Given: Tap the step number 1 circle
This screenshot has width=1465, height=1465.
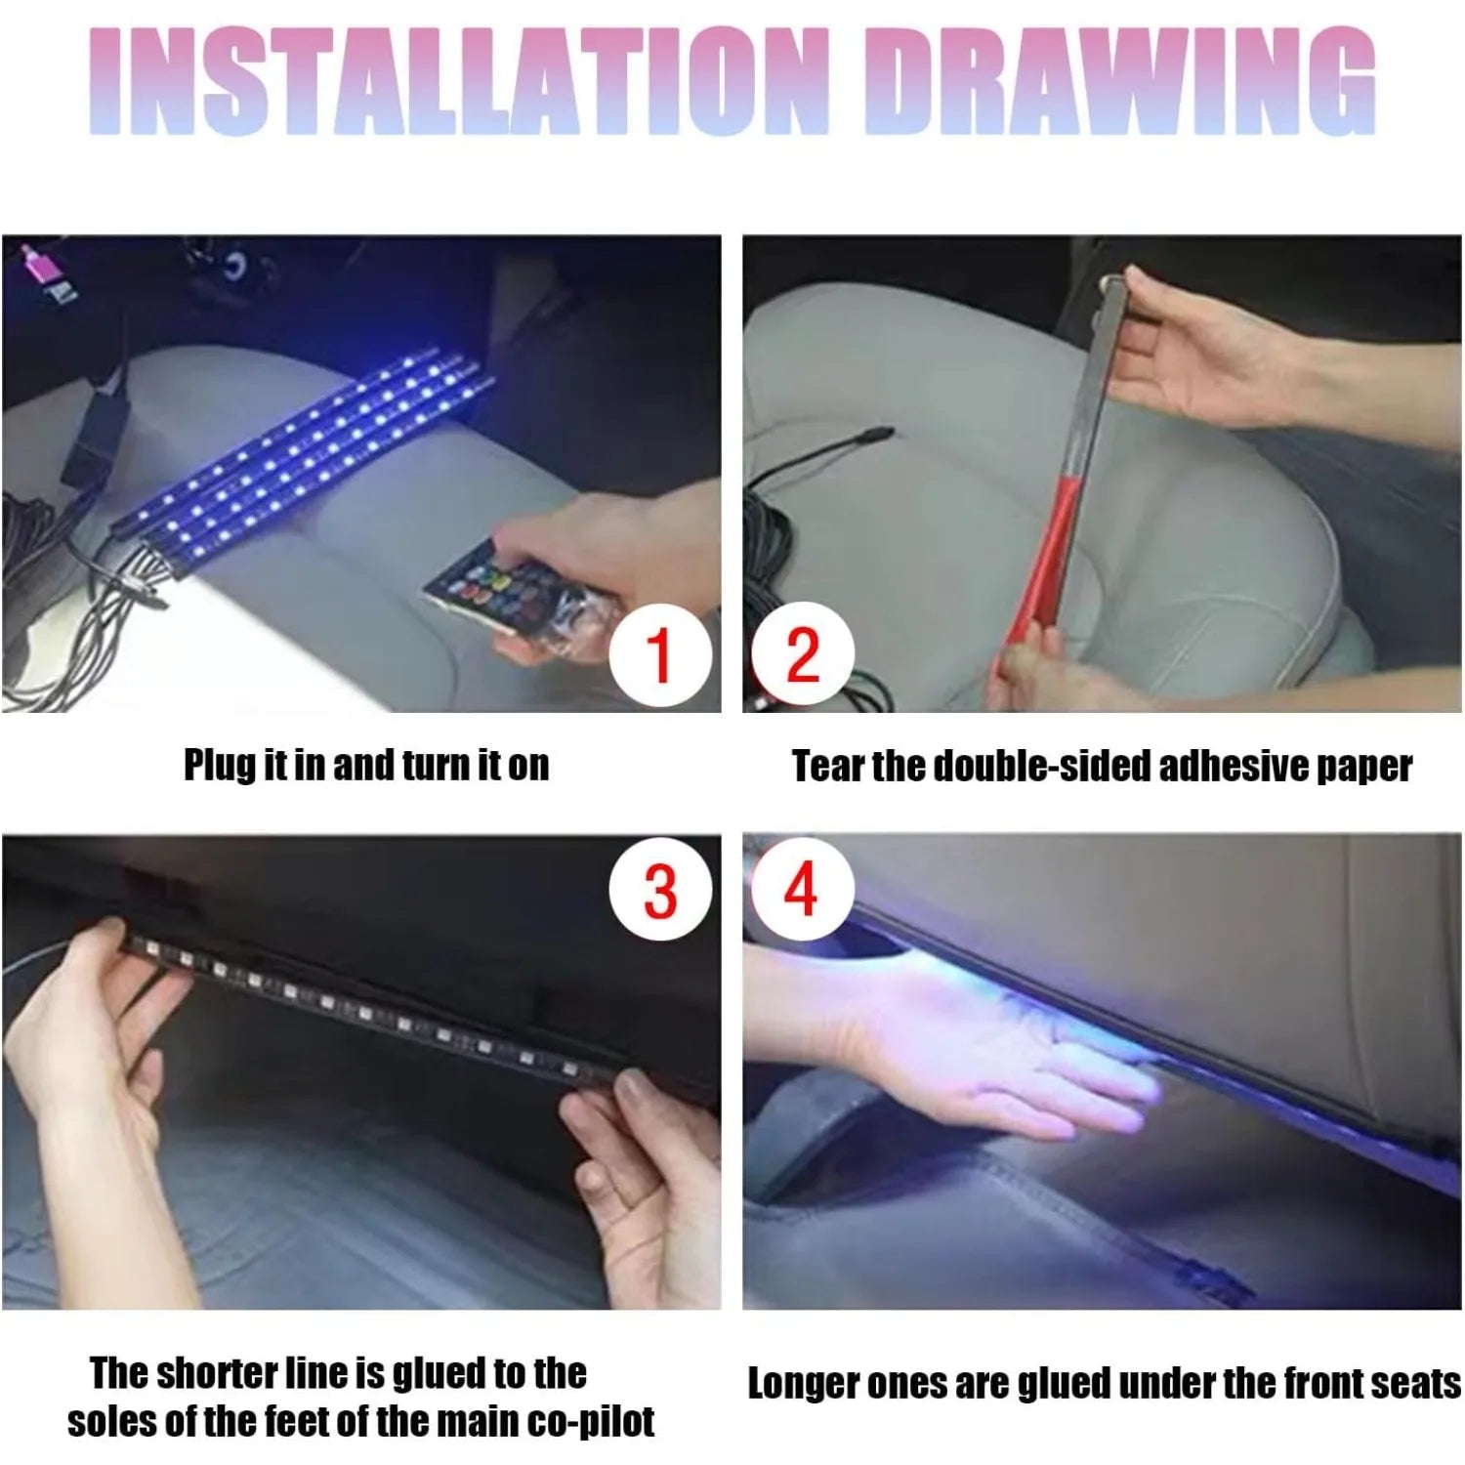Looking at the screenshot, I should pyautogui.click(x=660, y=655).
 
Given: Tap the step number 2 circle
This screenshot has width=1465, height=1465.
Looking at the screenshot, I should pyautogui.click(x=803, y=655).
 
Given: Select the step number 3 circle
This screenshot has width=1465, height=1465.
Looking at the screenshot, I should pyautogui.click(x=660, y=891).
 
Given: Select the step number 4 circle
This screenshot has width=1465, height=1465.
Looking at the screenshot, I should pyautogui.click(x=801, y=890).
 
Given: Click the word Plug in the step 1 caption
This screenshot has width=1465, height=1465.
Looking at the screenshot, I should pyautogui.click(x=220, y=765).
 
